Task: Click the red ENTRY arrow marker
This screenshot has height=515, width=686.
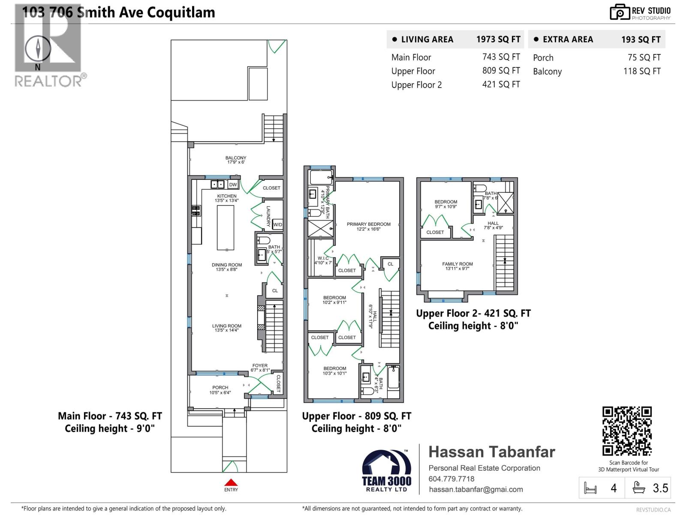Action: coord(231,482)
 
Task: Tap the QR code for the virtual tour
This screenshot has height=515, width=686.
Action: coord(627,431)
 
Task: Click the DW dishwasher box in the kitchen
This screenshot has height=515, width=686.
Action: coord(233,185)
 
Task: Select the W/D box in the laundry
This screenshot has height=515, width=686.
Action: coord(278,224)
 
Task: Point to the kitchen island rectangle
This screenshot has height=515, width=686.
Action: coord(226,227)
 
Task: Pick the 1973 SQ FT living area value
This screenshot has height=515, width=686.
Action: coord(498,39)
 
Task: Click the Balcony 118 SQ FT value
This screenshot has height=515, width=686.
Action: coord(642,71)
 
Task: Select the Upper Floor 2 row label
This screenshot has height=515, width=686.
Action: coord(416,85)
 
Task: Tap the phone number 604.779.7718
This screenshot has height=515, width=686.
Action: coord(451,479)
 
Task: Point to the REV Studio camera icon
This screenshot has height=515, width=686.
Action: coord(620,12)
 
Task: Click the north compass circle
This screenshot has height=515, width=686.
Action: coord(38,48)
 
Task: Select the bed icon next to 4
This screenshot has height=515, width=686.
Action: coord(590,488)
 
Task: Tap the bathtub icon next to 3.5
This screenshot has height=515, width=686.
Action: coord(639,488)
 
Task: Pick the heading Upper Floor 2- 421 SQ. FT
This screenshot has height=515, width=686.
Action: coord(473,313)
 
